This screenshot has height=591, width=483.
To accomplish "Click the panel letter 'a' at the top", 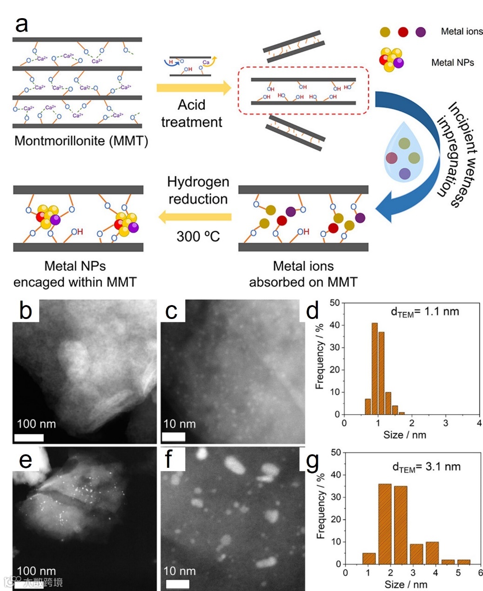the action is point(21,24).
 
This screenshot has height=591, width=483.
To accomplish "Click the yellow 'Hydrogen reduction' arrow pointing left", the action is point(195,217).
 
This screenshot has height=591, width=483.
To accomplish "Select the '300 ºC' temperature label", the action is point(198,237).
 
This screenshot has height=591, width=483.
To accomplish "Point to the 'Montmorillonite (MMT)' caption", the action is point(81,140).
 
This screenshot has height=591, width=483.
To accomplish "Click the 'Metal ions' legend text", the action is point(462,32).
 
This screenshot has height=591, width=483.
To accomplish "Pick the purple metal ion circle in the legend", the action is point(421,32).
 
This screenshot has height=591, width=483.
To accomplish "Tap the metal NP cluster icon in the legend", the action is point(391,60).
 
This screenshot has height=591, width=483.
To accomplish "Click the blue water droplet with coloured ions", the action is point(404,152).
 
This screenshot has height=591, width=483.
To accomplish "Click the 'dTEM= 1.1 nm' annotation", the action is point(424,312).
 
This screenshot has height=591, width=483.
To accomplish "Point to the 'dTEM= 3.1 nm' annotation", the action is point(426,467).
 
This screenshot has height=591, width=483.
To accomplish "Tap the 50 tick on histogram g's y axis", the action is point(335,452).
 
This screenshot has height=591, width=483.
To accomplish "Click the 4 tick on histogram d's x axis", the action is point(479,423).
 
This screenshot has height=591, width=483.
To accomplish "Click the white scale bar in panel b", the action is point(29,438).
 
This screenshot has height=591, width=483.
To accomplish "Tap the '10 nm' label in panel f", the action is point(179,571).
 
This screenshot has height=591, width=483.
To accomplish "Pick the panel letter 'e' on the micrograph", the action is point(25,460).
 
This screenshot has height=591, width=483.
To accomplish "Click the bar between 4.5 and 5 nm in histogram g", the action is point(448,562).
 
